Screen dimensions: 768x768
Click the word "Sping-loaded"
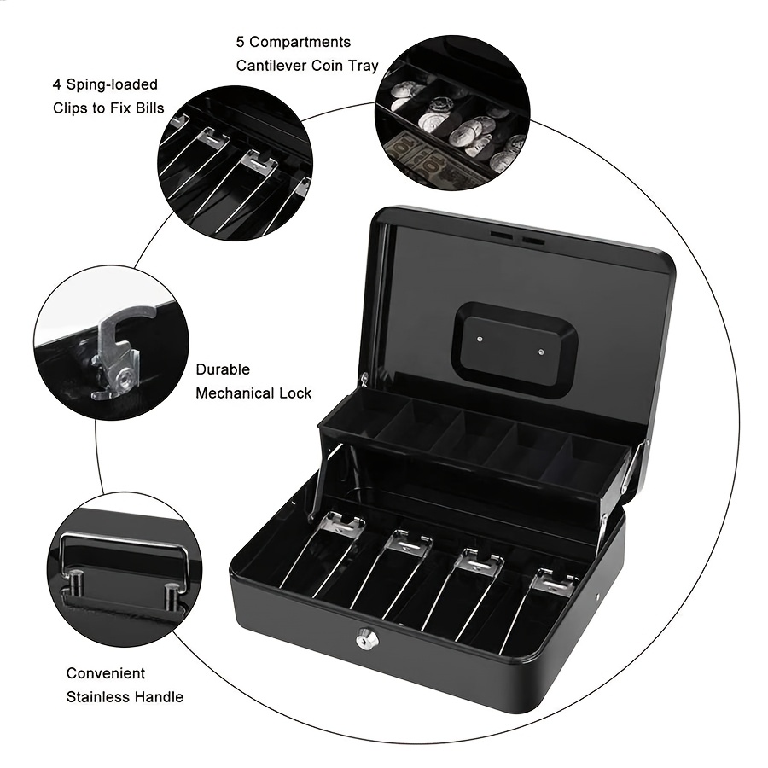click(x=112, y=84)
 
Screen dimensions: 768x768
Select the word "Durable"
click(x=223, y=369)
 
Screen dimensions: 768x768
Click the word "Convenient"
click(x=106, y=673)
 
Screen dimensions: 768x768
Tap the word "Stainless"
click(x=101, y=697)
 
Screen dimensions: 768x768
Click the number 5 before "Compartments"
click(x=240, y=42)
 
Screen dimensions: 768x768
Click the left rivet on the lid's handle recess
click(x=480, y=339)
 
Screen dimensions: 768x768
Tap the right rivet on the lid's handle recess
click(x=541, y=352)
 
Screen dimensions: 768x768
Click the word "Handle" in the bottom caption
click(x=161, y=697)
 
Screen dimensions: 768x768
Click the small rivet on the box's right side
click(x=598, y=596)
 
